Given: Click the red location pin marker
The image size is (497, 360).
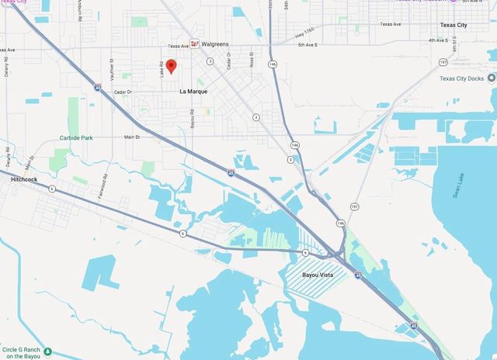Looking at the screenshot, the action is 172,67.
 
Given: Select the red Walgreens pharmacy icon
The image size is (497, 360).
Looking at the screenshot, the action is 195,43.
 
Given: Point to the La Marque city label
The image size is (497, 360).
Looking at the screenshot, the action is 193,92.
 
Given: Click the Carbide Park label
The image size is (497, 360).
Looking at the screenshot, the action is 76,137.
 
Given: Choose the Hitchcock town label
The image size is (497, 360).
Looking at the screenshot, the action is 24,178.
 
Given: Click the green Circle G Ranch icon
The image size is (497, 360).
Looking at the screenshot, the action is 48,351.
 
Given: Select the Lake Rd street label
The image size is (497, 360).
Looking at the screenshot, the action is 162,70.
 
